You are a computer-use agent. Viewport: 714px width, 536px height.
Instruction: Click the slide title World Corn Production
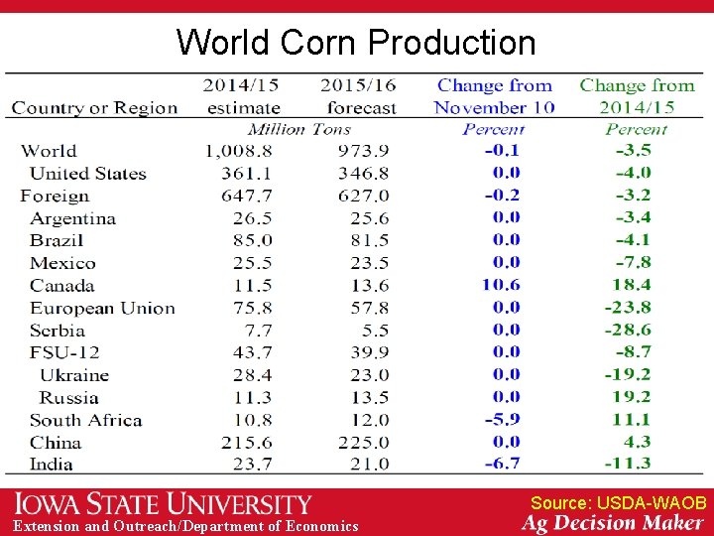click(x=356, y=42)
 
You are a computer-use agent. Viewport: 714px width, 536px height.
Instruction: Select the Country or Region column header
click(x=94, y=107)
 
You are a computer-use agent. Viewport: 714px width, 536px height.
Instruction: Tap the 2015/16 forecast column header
click(x=358, y=96)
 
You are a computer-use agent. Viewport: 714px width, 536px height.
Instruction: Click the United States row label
click(x=87, y=174)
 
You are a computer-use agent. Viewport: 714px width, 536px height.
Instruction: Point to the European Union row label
click(x=102, y=308)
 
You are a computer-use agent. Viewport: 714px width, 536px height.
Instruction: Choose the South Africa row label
click(x=85, y=420)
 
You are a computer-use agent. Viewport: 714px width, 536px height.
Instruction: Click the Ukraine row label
click(x=74, y=375)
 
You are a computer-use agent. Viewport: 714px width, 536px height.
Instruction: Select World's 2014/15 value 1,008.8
click(x=239, y=151)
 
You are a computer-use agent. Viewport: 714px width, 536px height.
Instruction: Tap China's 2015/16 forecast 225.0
click(x=364, y=442)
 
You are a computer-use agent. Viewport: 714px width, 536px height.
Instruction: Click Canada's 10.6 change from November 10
click(x=501, y=285)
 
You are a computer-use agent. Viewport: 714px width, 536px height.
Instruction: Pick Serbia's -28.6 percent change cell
click(x=628, y=330)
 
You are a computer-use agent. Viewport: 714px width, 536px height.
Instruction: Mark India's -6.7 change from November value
click(x=501, y=464)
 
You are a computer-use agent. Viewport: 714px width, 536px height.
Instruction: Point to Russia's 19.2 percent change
click(x=630, y=397)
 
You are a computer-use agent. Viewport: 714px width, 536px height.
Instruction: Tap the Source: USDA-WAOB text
click(x=618, y=503)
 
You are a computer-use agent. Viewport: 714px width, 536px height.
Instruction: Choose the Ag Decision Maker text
click(x=612, y=523)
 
